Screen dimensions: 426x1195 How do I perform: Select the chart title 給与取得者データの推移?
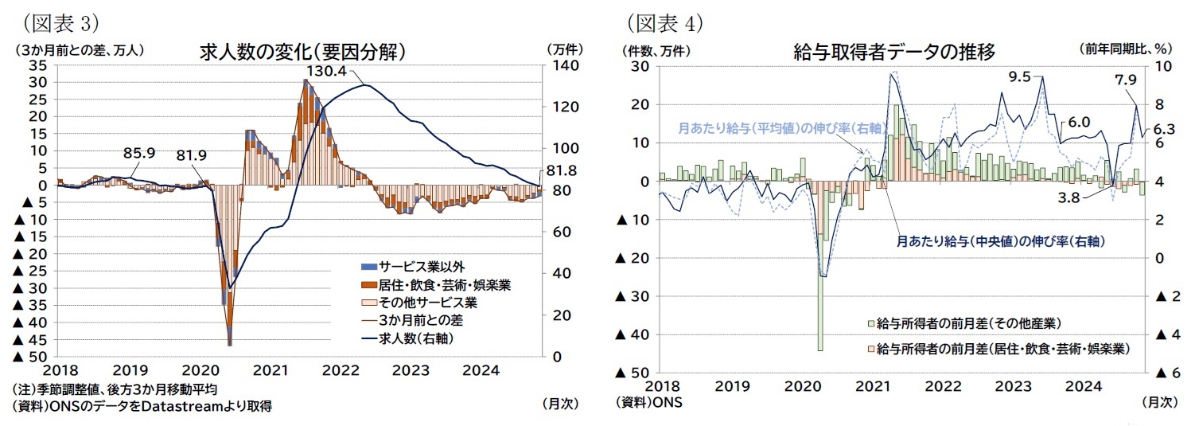[894, 53]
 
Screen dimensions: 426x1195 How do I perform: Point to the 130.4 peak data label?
[326, 72]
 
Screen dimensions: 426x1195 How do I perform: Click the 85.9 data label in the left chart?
[138, 152]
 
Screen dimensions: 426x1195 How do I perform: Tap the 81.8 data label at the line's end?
[562, 170]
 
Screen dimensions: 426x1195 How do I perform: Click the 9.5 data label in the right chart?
[1019, 77]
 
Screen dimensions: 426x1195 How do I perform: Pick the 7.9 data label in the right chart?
[1126, 80]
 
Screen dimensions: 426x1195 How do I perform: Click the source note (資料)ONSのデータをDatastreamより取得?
[142, 406]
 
